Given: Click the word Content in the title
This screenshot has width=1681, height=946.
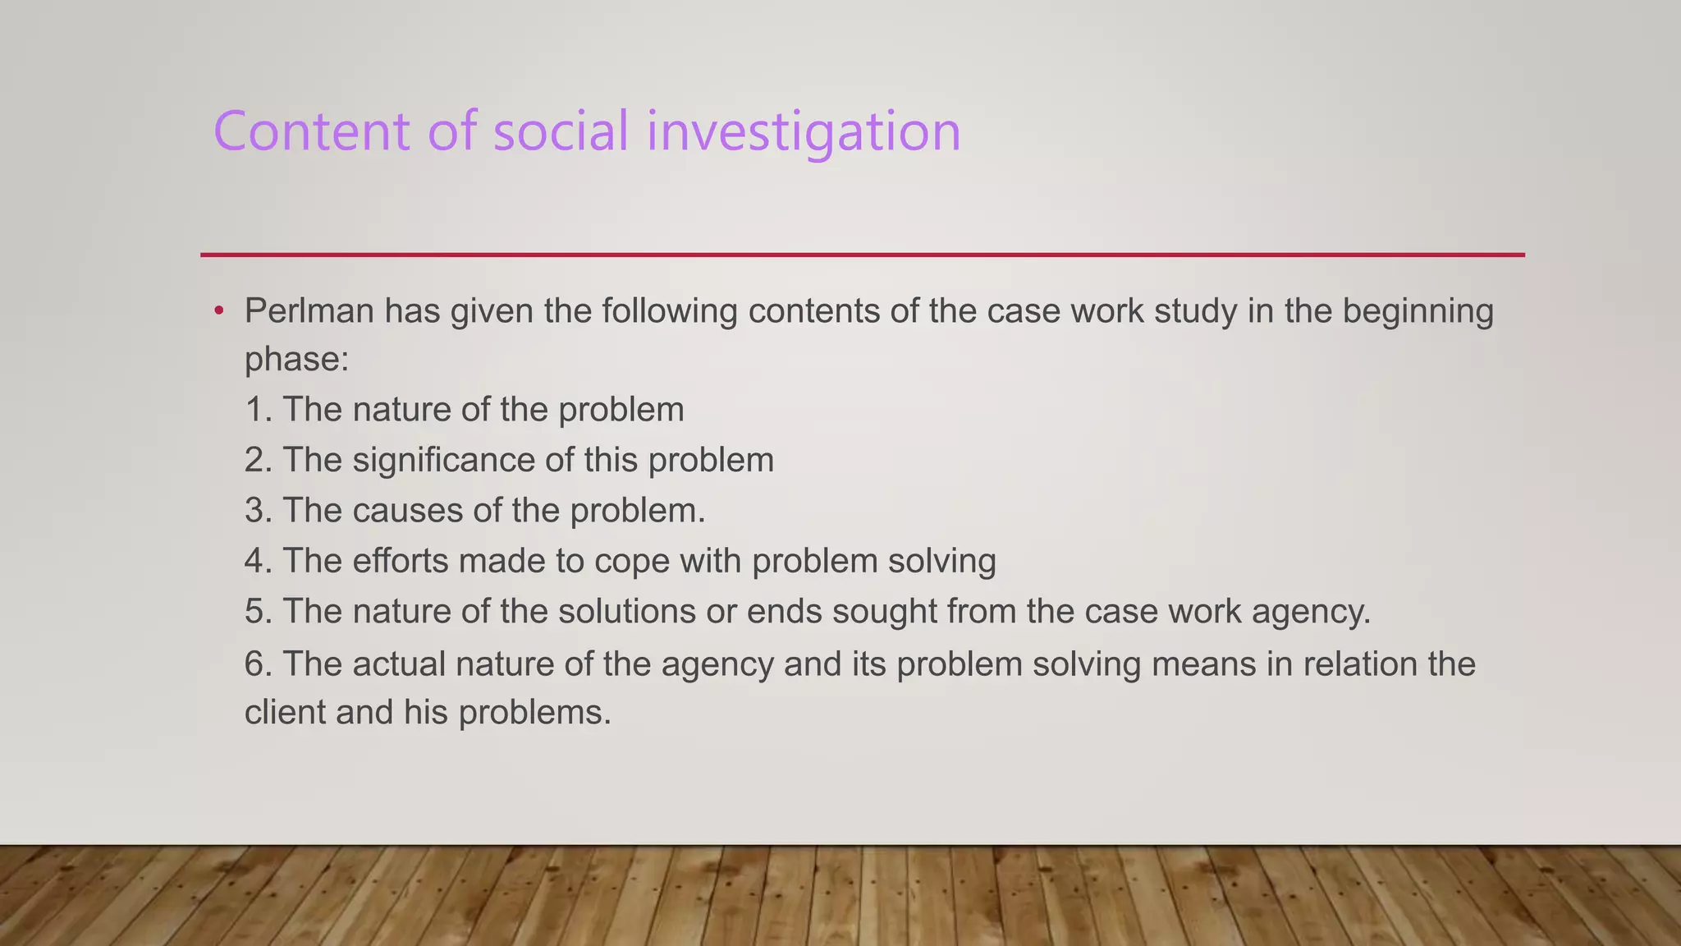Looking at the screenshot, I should tap(311, 131).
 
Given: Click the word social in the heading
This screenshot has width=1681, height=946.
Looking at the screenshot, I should tap(561, 131).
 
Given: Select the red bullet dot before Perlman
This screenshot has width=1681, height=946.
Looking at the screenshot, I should tap(218, 311).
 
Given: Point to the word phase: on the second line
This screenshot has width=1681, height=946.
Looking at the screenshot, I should tap(296, 360).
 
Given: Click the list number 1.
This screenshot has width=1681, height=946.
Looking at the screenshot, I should tap(256, 410).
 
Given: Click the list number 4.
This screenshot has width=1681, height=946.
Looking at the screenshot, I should tap(256, 561).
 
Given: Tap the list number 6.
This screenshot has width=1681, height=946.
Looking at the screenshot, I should tap(256, 664).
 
